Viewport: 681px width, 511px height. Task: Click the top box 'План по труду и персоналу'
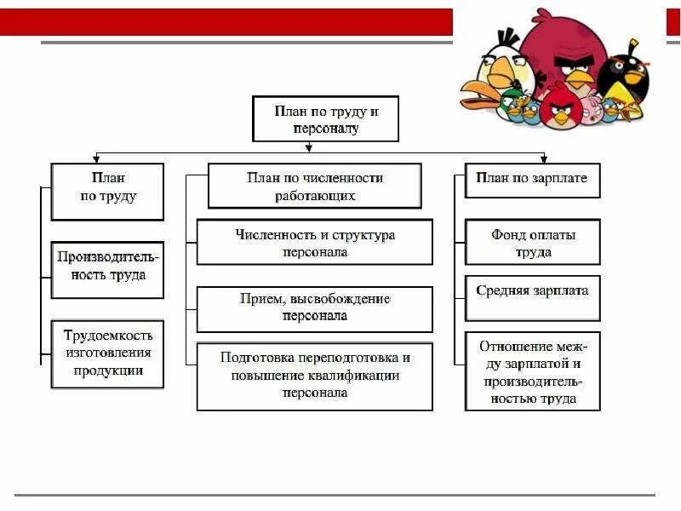click(326, 118)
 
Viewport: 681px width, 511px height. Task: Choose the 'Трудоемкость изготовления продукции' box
click(107, 353)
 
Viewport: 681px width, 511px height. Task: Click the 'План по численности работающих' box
click(314, 186)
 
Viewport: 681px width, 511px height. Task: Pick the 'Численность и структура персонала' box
click(314, 242)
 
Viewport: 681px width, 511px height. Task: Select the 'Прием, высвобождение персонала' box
click(314, 307)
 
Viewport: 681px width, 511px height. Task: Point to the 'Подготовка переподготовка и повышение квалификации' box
click(314, 376)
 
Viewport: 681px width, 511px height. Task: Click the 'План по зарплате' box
click(532, 180)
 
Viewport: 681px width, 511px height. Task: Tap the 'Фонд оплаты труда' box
click(532, 242)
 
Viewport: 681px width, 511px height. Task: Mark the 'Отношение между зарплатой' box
click(532, 371)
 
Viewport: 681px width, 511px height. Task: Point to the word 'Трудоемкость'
click(107, 336)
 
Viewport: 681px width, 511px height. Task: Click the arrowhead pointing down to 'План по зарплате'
click(543, 158)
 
